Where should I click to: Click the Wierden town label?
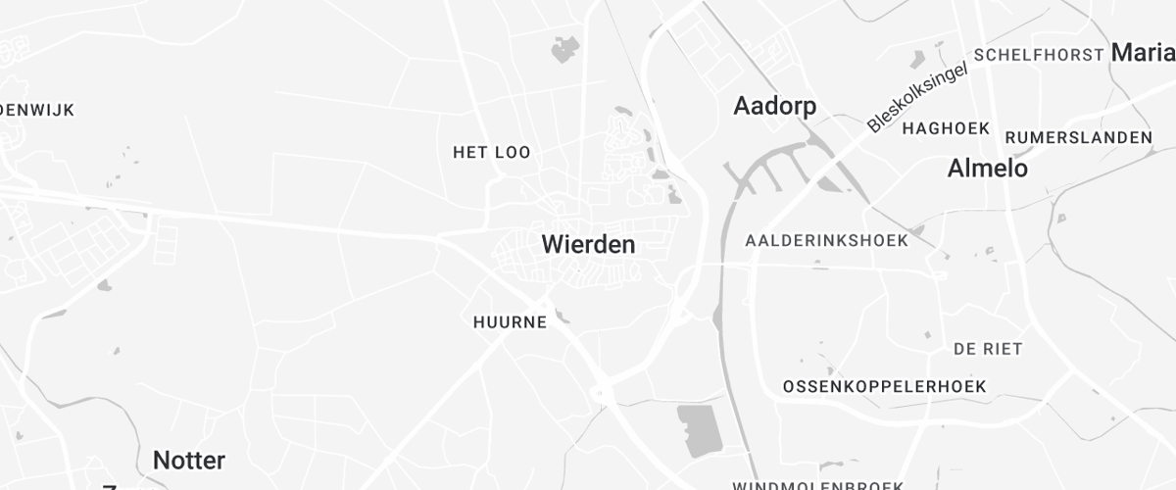pos(588,245)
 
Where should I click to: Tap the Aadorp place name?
pos(774,107)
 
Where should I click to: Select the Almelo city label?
pos(987,169)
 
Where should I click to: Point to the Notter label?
pos(189,460)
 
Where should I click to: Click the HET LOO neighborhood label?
pos(491,153)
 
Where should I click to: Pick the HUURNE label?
pos(510,322)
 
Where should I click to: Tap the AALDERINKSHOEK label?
pos(826,240)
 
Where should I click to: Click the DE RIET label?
pos(988,349)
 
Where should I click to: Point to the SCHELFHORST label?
pos(1039,55)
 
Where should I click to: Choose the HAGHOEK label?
pos(946,128)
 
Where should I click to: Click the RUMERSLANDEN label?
pos(1078,137)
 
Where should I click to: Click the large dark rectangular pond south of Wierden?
pos(697,430)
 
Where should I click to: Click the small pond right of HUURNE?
pos(561,316)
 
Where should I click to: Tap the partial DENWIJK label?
pos(37,110)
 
